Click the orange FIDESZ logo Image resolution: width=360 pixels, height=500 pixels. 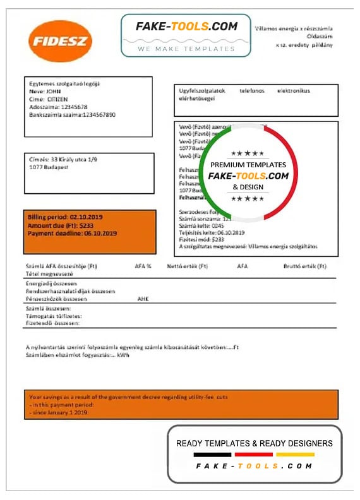click(60, 42)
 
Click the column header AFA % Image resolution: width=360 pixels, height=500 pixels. click(143, 266)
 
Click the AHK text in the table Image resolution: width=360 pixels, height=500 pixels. click(143, 299)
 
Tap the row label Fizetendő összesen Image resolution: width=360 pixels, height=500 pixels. click(53, 323)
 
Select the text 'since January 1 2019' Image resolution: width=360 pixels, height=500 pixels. click(59, 412)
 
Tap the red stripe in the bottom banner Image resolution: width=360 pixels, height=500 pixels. click(253, 454)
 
